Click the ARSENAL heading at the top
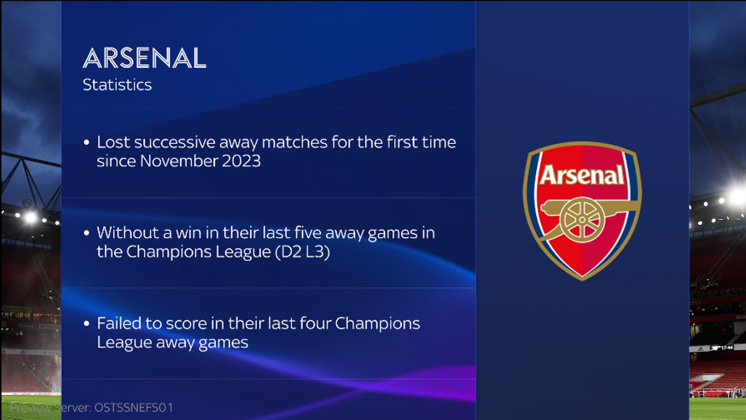coord(145,58)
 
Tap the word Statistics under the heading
coord(117,85)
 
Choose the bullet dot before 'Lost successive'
coord(86,142)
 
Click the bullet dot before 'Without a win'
coord(86,233)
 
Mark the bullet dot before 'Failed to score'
coord(86,323)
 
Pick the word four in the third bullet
coord(315,323)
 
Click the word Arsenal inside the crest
coord(582,175)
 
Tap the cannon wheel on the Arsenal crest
coord(582,220)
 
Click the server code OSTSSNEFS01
coord(134,408)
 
